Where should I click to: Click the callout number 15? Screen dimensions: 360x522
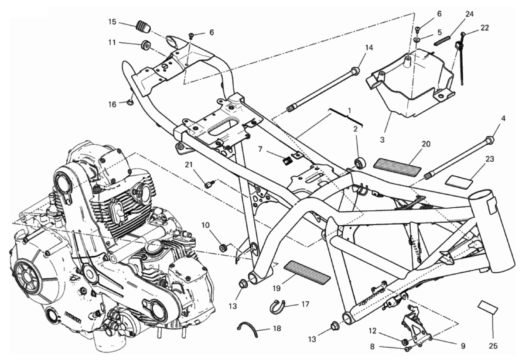113,21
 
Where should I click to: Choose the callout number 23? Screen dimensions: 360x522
490,159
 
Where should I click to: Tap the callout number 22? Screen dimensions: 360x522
485,27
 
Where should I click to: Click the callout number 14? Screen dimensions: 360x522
369,48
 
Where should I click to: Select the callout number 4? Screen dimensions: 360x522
503,118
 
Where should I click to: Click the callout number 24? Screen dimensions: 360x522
469,14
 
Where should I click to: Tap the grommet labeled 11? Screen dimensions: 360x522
145,45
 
